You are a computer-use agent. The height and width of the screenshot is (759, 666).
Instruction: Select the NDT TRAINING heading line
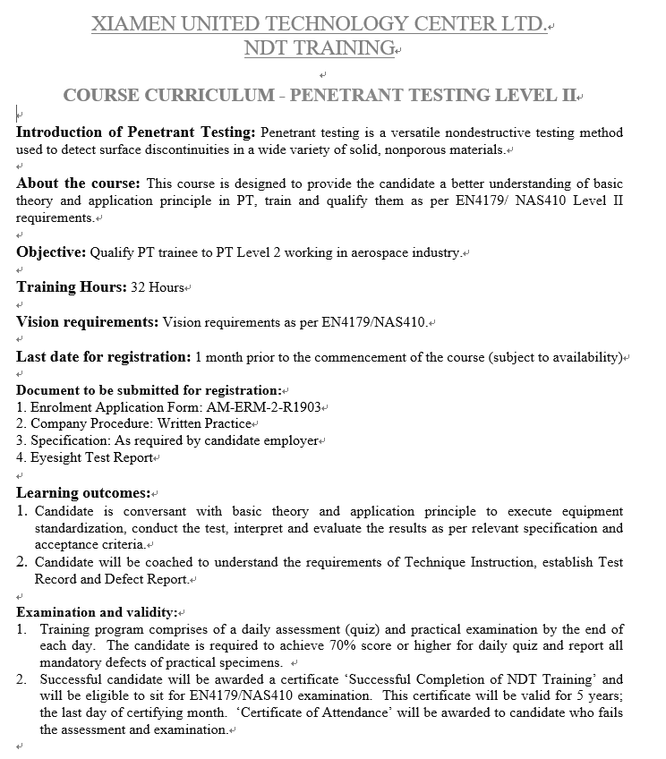319,48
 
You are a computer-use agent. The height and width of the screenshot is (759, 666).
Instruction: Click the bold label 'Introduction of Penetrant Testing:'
136,132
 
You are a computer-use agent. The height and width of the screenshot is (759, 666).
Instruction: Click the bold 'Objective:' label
51,252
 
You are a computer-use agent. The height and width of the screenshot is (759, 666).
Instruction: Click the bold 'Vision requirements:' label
87,321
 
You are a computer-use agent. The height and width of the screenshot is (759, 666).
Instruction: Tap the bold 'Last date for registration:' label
103,356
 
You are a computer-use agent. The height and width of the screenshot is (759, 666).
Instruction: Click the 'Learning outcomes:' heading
83,493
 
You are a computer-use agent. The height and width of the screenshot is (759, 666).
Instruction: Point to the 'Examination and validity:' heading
97,612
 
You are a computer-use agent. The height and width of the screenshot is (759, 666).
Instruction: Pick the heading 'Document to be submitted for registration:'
148,390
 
